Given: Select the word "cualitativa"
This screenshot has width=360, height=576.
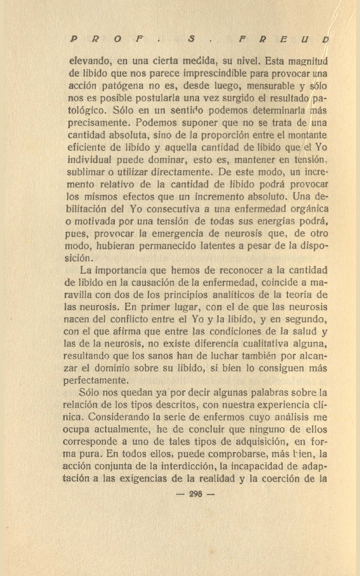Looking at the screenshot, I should [247, 344].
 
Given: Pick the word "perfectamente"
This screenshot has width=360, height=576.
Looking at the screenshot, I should [96, 381].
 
